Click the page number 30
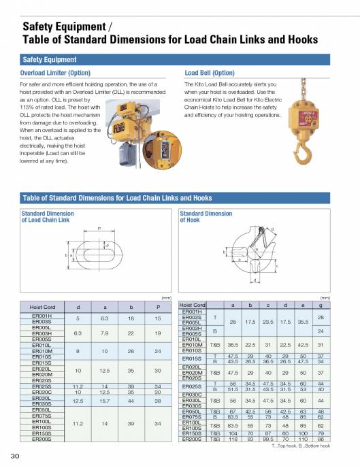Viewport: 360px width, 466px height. [x=14, y=455]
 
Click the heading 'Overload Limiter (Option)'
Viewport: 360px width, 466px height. [x=55, y=73]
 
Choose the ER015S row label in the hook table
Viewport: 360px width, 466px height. [x=193, y=358]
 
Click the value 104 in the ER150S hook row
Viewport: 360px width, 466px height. [x=233, y=433]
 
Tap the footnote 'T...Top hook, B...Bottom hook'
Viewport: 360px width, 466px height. [x=301, y=447]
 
